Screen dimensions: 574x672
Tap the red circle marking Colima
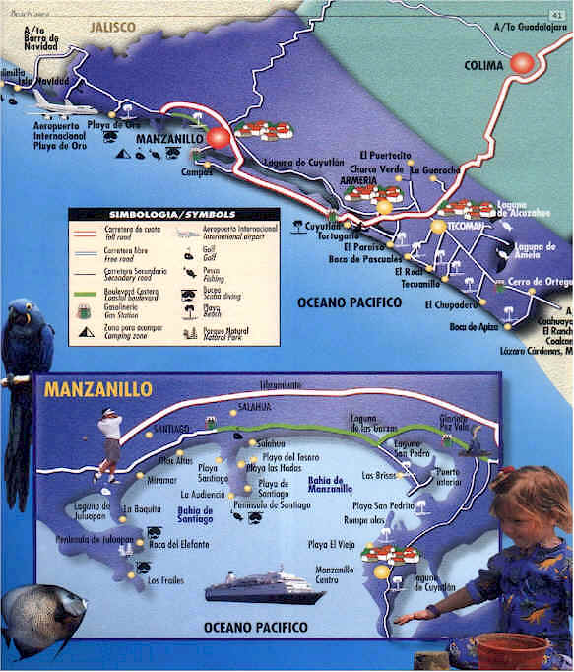point(521,64)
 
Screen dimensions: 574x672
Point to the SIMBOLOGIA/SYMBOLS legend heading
point(172,214)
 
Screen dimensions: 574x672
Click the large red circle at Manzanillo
point(218,138)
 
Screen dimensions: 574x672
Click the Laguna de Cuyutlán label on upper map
point(304,161)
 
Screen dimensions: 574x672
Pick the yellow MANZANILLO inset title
point(89,390)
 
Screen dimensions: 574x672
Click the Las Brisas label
point(380,476)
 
